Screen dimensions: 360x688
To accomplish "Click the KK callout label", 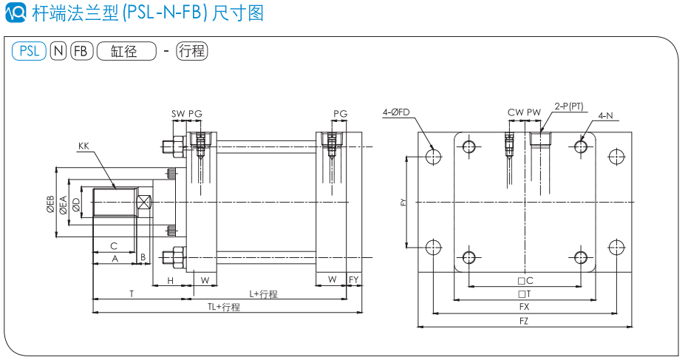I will click(x=83, y=147).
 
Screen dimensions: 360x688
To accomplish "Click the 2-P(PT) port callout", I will click(x=569, y=106).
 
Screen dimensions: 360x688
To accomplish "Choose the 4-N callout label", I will click(x=606, y=115).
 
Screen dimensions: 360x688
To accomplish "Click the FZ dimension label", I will click(x=524, y=321).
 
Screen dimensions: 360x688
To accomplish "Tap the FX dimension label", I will click(x=524, y=306).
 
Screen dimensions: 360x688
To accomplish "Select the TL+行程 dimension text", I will click(x=224, y=308).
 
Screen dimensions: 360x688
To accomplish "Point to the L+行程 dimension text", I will click(x=263, y=294).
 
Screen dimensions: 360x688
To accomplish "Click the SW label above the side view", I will click(x=178, y=114).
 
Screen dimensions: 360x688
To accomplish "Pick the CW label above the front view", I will click(x=515, y=113).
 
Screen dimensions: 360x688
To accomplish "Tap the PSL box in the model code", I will click(x=29, y=51).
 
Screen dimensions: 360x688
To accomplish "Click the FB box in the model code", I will click(x=81, y=51).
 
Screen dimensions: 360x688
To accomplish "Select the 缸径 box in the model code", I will click(x=126, y=51).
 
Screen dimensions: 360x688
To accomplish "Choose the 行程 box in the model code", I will click(x=191, y=51).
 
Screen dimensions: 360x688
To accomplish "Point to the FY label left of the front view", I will click(x=403, y=202).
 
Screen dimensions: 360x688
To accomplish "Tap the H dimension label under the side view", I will click(x=170, y=281).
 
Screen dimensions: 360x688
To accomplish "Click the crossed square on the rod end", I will click(x=143, y=202).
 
